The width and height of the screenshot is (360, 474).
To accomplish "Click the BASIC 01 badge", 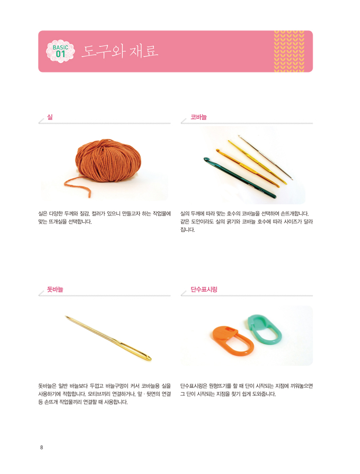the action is click(x=60, y=51).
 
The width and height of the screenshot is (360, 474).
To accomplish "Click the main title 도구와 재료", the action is click(x=120, y=51).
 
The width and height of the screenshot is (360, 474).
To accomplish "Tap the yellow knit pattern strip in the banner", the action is click(x=289, y=51).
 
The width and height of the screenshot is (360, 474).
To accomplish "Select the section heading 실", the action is click(x=50, y=117).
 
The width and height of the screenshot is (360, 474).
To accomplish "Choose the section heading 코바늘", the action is click(x=199, y=117).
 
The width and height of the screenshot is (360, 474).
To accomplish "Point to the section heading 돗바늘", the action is click(x=55, y=289).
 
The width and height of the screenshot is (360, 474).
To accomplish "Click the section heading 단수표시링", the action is click(x=204, y=289).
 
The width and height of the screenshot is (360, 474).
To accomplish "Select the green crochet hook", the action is click(x=240, y=178).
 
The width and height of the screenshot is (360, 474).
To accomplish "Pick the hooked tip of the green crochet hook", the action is click(x=206, y=159).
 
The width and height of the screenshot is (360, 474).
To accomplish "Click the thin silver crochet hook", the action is click(x=265, y=157).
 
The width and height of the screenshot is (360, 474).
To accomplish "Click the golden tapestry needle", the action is click(x=109, y=338).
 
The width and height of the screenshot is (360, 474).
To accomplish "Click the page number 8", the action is click(x=42, y=447).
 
